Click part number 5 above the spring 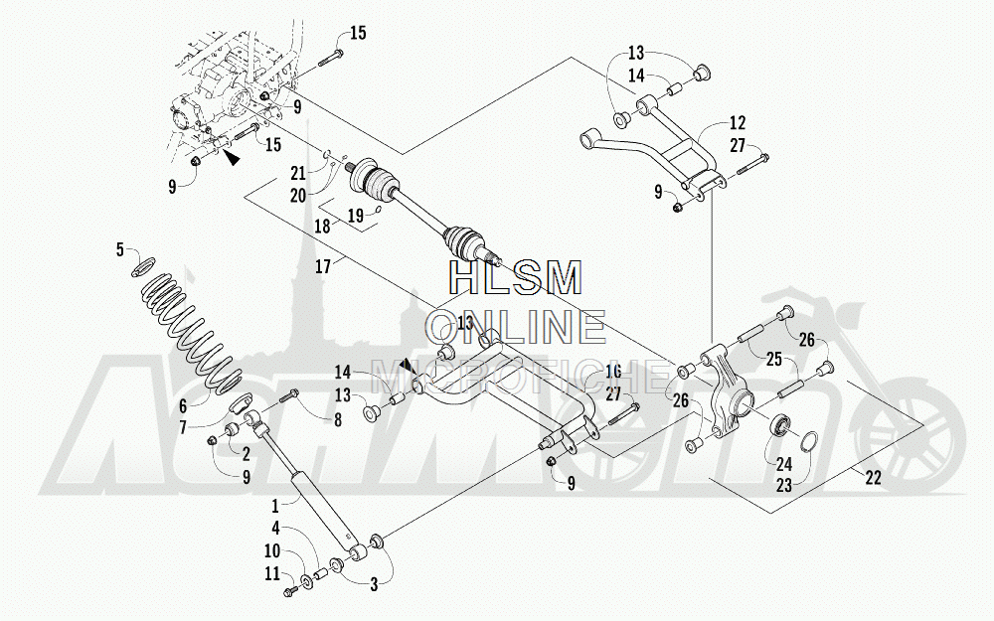[120, 248]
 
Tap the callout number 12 [737, 124]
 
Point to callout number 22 [873, 478]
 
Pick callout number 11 [271, 573]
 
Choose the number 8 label [337, 420]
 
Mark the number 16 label [612, 372]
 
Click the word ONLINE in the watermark [516, 325]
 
